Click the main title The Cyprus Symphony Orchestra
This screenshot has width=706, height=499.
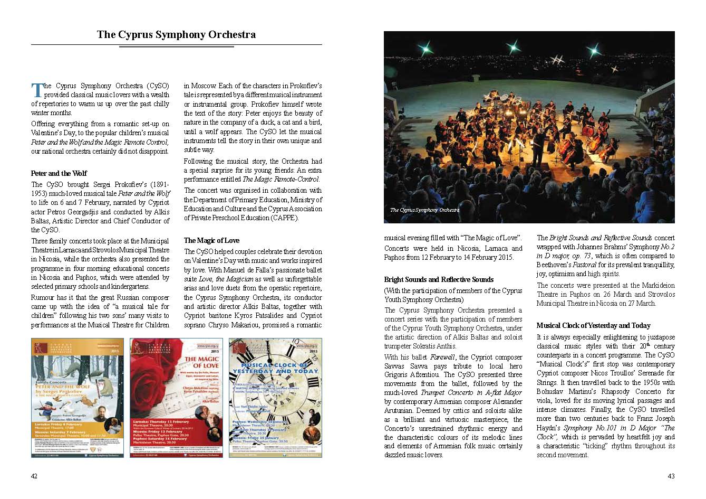coord(176,35)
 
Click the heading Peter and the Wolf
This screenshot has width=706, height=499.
coord(59,173)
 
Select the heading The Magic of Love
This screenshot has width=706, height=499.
coord(211,240)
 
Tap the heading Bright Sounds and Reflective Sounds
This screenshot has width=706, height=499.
coord(439,279)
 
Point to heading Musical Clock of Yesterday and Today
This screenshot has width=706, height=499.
coord(593,325)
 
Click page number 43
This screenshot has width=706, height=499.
coord(671,476)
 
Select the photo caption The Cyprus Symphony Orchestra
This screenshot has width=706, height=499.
coord(424,210)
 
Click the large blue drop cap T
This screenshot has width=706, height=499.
coord(36,90)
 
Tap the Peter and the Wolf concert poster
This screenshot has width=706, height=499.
coord(78,397)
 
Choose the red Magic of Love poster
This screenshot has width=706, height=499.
coord(176,397)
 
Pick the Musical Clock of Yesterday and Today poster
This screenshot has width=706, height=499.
coord(275,397)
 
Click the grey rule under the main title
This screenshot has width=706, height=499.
coord(176,46)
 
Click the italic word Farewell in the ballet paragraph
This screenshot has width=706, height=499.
coord(442,357)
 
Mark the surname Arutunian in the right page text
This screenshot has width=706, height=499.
coord(401,401)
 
